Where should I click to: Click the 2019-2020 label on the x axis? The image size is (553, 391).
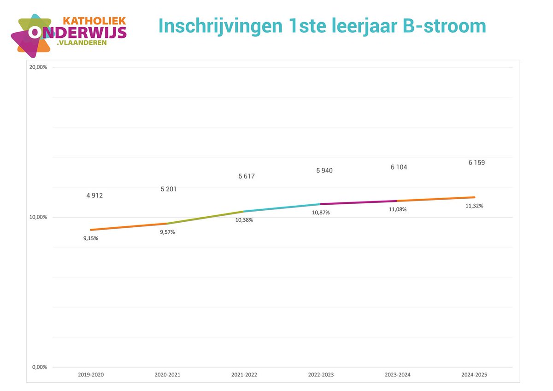(91, 375)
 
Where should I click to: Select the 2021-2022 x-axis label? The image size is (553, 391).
(244, 375)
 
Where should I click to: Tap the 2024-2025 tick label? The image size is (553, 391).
(474, 375)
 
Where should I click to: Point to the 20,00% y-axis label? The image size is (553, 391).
(38, 67)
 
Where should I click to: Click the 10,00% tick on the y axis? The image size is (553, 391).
(38, 217)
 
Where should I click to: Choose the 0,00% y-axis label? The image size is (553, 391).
(40, 367)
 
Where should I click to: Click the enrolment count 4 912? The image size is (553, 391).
(94, 195)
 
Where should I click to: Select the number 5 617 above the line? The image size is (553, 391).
(247, 176)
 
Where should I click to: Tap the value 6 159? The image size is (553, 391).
(477, 163)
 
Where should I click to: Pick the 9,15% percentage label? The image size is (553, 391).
(91, 238)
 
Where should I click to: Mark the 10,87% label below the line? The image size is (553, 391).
(321, 213)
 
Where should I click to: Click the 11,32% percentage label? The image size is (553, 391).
(474, 206)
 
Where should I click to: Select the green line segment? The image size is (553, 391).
(206, 218)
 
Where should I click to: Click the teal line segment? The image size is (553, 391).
(282, 207)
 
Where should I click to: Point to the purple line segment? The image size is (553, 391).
(359, 202)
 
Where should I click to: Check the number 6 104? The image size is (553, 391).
(399, 167)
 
